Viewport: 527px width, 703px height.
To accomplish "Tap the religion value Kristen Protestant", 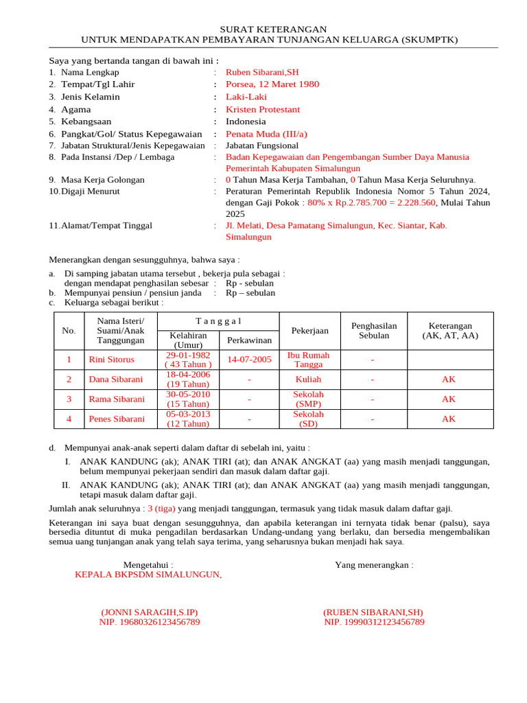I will click(263, 109).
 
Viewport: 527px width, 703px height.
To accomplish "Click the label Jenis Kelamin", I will click(90, 97).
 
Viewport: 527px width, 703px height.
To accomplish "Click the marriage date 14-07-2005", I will click(249, 360).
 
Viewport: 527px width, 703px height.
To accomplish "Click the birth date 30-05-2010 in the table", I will click(188, 395).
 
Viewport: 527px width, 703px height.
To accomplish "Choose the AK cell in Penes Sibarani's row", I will click(449, 419).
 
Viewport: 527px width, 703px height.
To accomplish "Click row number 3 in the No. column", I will click(69, 400).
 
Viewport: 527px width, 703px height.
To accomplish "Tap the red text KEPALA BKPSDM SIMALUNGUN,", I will click(148, 575).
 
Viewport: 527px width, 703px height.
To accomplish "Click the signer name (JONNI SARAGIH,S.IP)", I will click(149, 612).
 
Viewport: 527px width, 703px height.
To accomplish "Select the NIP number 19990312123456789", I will click(374, 623).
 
